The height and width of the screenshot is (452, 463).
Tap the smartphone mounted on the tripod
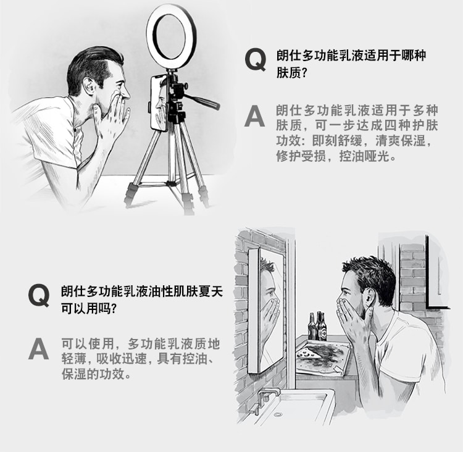tap(158, 103)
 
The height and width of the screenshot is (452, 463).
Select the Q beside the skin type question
tap(256, 61)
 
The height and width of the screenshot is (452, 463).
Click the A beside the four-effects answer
tap(254, 116)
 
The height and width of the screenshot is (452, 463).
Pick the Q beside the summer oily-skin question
tap(39, 295)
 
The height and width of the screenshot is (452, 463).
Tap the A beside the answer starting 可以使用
tap(39, 349)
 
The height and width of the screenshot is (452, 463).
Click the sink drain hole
tap(278, 414)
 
